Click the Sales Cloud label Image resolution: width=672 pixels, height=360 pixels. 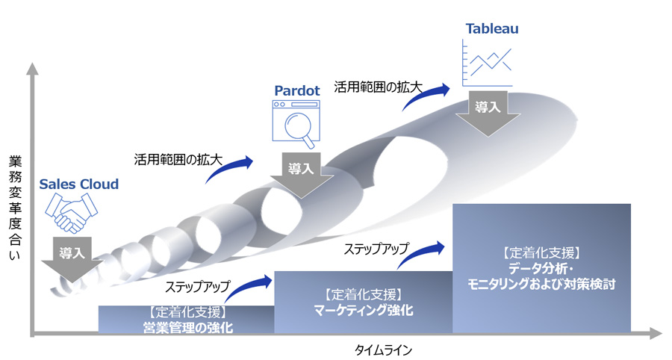pos(78,184)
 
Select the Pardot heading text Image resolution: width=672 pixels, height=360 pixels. pos(296,90)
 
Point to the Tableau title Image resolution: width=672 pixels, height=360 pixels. pos(492,28)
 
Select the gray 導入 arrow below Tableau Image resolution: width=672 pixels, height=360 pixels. pos(488,112)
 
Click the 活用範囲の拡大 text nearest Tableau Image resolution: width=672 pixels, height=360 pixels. pos(378,87)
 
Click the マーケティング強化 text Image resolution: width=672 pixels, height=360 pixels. pos(364,310)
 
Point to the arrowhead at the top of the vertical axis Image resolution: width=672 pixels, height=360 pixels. pos(31,69)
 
